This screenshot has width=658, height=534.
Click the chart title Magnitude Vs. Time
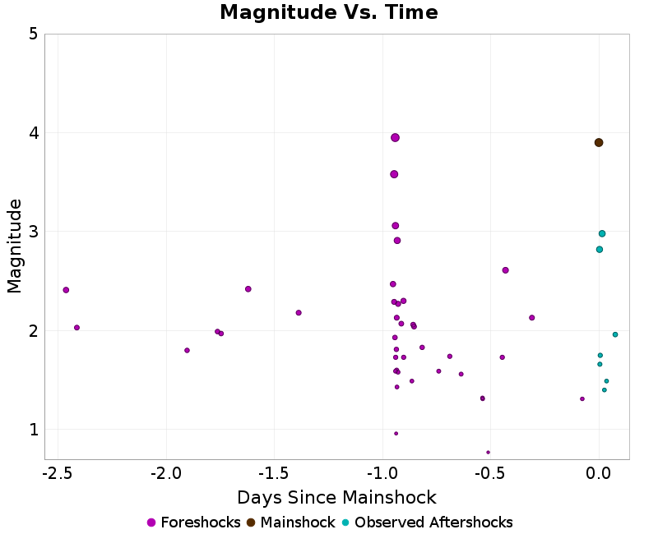[x=329, y=12]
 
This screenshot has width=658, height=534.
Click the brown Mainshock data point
[x=599, y=142]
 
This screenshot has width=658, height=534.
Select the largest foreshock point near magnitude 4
[x=395, y=137]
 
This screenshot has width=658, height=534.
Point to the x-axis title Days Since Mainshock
[x=336, y=498]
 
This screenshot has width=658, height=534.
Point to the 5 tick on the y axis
[x=33, y=35]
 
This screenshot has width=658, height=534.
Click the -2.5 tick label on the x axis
[x=57, y=473]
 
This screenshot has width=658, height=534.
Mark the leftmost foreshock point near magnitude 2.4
[x=66, y=290]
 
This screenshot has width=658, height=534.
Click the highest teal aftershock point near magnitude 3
[x=602, y=233]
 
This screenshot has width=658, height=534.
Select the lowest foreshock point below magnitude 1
[x=488, y=452]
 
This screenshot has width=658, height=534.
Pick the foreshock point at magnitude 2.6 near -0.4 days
[x=505, y=270]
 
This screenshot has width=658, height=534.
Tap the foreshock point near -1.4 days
[x=299, y=312]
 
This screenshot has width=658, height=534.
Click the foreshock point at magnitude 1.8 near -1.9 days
[x=187, y=350]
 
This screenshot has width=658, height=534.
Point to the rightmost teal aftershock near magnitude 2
[x=614, y=334]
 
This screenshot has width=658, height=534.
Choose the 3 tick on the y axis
[x=33, y=232]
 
